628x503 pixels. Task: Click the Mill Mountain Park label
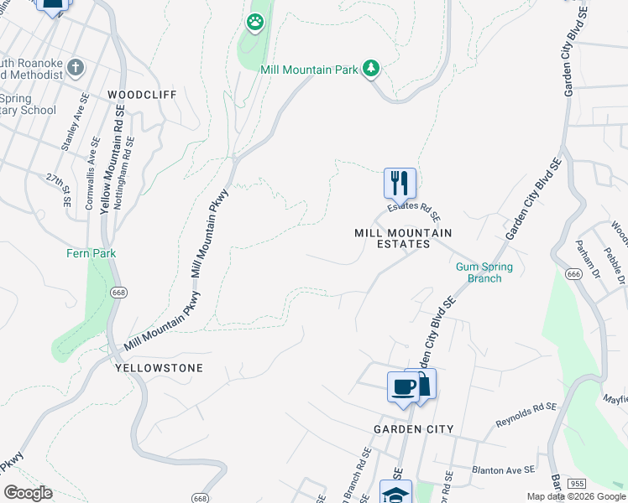(x=310, y=70)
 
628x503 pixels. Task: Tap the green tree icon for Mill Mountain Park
(x=371, y=69)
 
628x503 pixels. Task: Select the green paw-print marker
(x=254, y=21)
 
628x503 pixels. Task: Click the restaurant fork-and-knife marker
(x=400, y=182)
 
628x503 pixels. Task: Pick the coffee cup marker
(x=403, y=386)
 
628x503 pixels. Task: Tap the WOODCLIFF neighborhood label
(x=142, y=95)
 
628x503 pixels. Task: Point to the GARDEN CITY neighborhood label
(x=414, y=429)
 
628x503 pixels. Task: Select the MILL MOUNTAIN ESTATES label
(x=404, y=238)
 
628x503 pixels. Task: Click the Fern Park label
(x=92, y=253)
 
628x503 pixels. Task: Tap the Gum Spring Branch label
(x=484, y=272)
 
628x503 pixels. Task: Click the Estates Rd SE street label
(x=414, y=210)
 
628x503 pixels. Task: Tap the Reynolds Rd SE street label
(x=526, y=411)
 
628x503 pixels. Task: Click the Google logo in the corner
(x=29, y=493)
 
